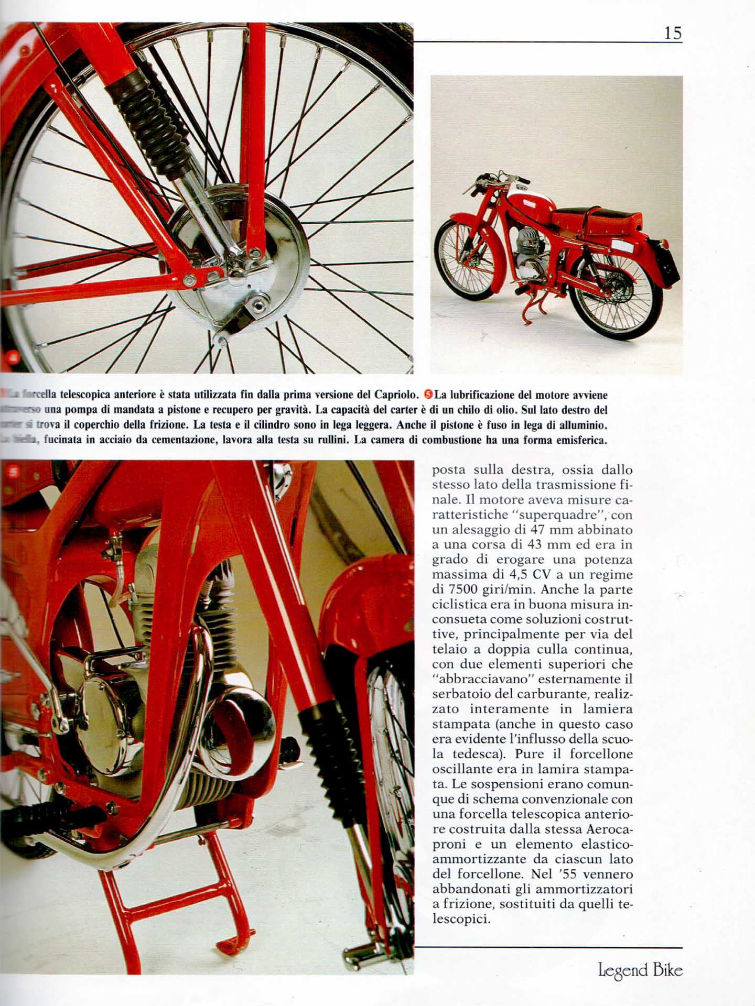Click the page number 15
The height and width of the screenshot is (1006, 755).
[673, 33]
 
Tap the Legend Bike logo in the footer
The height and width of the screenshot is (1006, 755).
[640, 970]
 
